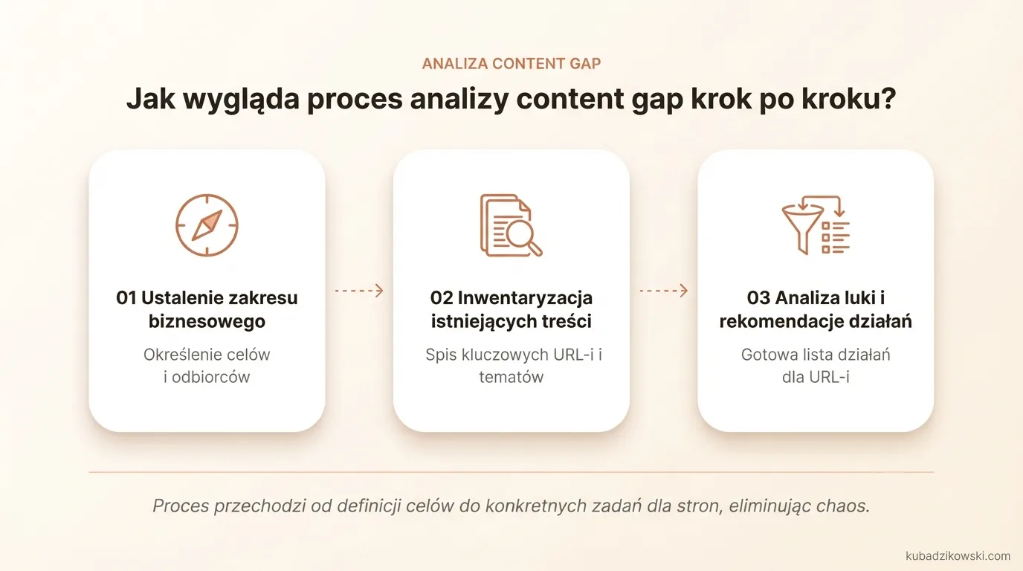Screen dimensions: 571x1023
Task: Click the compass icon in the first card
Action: pyautogui.click(x=207, y=225)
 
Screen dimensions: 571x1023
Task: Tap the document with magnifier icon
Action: pyautogui.click(x=511, y=225)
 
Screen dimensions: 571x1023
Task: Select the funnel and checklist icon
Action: pyautogui.click(x=816, y=225)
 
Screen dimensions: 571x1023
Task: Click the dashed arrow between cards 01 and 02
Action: pyautogui.click(x=359, y=291)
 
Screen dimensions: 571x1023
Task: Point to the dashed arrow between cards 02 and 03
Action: pyautogui.click(x=663, y=291)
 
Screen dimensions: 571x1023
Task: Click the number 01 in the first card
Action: pyautogui.click(x=126, y=298)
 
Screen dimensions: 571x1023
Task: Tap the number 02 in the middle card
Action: pyautogui.click(x=442, y=298)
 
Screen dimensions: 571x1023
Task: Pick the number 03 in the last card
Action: pyautogui.click(x=758, y=298)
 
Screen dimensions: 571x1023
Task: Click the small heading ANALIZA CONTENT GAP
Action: pyautogui.click(x=512, y=64)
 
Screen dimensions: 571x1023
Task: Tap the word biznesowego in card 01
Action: pyautogui.click(x=207, y=322)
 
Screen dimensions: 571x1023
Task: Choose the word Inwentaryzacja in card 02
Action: pyautogui.click(x=525, y=298)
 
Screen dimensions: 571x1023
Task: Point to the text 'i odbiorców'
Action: pyautogui.click(x=207, y=377)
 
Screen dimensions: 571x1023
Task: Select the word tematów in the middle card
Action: pyautogui.click(x=512, y=377)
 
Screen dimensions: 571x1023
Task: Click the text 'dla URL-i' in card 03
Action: pyautogui.click(x=816, y=377)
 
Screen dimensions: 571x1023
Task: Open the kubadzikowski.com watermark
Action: pyautogui.click(x=958, y=555)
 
